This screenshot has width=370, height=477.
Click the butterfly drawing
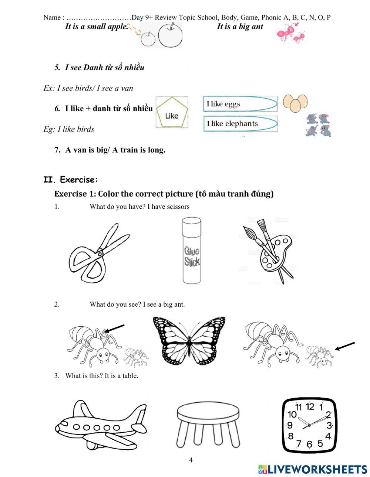189,340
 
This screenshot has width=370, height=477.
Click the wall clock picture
309,425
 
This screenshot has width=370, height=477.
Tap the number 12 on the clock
310,407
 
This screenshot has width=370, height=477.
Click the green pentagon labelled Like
171,112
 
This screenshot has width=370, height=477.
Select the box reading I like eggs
240,104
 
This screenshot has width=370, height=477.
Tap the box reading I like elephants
240,123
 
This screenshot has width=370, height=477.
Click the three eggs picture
295,103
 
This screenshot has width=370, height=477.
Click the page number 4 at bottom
191,460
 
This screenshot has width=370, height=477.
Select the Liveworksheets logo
313,469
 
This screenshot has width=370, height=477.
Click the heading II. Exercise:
71,180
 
